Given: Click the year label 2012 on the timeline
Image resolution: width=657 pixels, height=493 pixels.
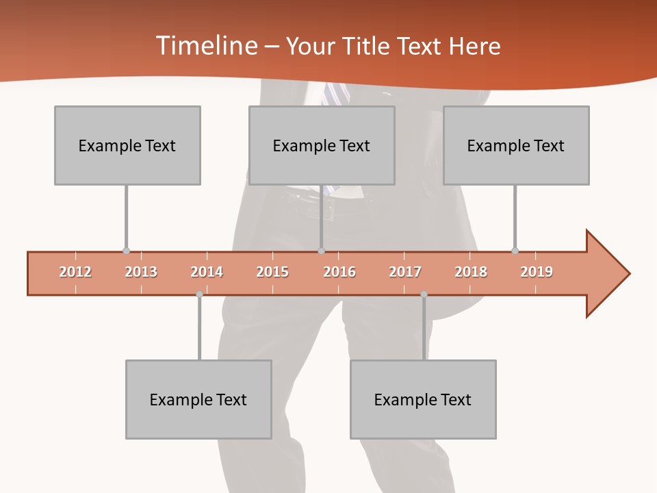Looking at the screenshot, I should [75, 272].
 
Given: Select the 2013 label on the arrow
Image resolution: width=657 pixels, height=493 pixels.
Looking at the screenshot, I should [141, 272].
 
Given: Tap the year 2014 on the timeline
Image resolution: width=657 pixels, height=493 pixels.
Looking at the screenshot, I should [207, 272].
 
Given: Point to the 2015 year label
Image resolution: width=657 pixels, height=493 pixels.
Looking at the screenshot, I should [272, 272].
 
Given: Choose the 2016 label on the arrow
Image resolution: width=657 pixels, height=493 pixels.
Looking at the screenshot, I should [339, 272].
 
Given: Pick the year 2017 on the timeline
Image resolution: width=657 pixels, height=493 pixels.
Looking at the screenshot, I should [405, 272].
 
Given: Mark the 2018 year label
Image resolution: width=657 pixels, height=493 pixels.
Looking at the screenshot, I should [471, 272].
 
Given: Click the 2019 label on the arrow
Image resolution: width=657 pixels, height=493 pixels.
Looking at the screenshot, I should [537, 272].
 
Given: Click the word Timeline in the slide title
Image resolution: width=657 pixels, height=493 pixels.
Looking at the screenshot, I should [205, 46].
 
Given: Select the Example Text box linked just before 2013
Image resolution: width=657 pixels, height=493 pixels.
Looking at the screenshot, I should [127, 145].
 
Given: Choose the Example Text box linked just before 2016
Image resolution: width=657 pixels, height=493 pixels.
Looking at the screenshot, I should [322, 145].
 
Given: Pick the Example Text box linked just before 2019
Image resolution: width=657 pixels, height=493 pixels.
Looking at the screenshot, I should [516, 145].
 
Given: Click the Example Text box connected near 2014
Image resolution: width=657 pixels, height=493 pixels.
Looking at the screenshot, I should [198, 399].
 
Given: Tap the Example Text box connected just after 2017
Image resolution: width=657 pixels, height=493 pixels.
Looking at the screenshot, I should [423, 399].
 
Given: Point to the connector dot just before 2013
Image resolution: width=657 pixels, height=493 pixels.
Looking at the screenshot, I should [126, 251].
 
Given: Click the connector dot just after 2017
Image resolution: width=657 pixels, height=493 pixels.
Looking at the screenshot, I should [424, 294].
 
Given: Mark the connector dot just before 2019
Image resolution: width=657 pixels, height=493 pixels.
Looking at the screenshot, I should [515, 251].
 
